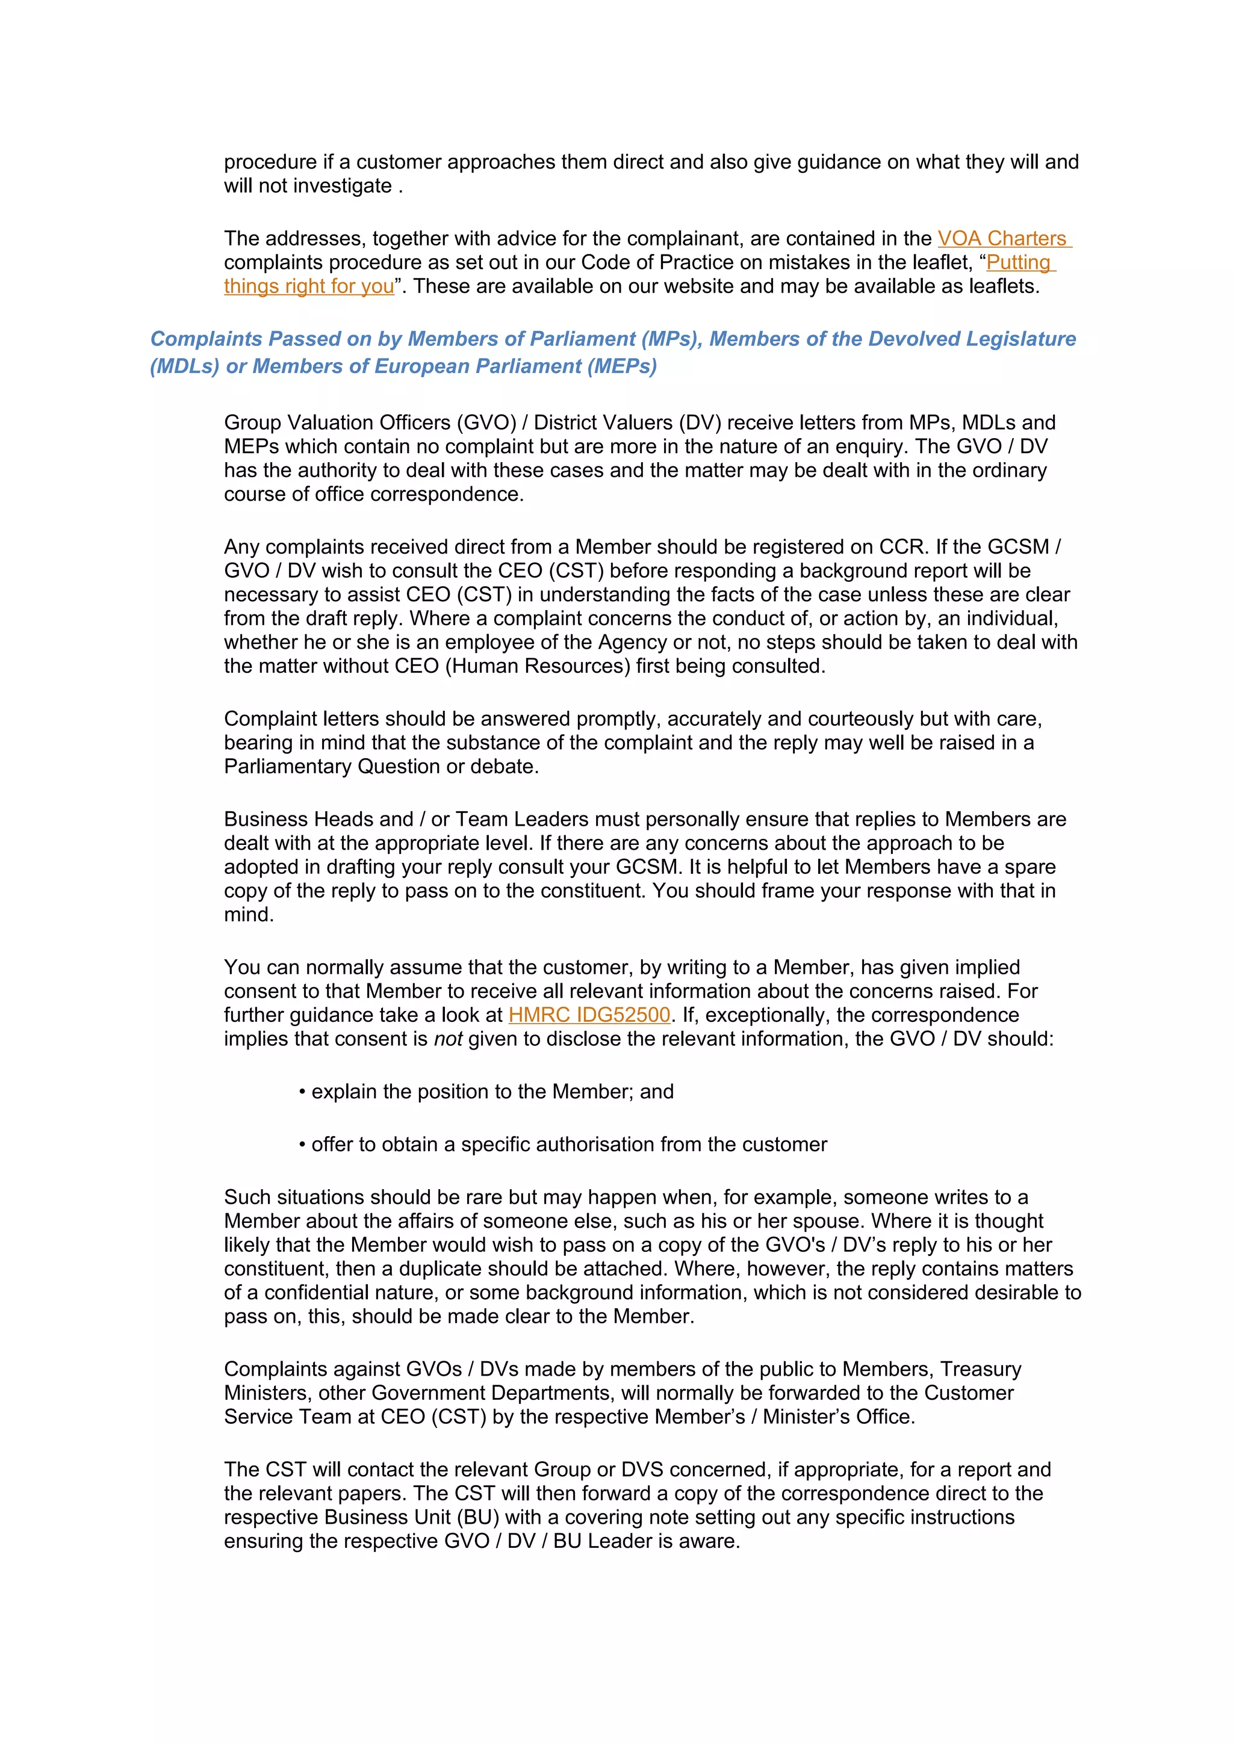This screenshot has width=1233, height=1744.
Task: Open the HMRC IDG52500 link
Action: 589,1015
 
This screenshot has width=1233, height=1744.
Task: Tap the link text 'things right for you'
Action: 308,286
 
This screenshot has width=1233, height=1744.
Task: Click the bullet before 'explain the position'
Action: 302,1092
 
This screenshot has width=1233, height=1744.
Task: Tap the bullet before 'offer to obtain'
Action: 302,1145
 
